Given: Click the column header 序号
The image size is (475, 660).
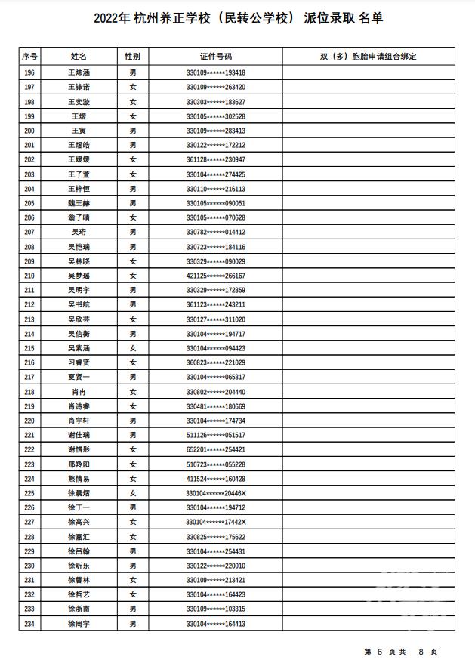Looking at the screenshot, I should [29, 57].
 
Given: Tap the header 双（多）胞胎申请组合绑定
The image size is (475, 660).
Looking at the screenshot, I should [368, 57].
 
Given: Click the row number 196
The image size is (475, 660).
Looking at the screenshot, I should [29, 72].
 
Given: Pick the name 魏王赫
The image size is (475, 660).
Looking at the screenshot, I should [79, 203].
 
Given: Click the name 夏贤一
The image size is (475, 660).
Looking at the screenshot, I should [79, 377].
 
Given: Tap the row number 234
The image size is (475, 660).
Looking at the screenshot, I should [29, 624].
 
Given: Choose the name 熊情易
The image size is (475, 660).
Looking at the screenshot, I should [79, 479].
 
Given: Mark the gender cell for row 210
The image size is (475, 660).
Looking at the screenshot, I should [133, 276].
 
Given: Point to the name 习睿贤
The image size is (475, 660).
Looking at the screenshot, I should [79, 362].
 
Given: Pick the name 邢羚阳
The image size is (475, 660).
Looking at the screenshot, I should [79, 464].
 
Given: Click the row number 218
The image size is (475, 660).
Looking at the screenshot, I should [29, 392].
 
